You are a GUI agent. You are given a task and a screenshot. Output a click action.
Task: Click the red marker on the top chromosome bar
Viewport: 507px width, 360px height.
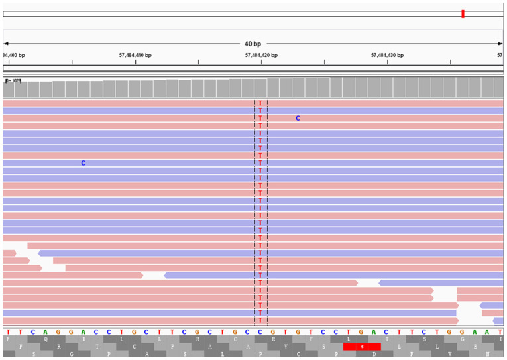463,14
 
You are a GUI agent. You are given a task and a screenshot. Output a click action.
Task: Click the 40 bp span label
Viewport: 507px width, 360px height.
253,44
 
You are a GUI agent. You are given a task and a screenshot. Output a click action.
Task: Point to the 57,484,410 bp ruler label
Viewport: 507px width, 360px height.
135,56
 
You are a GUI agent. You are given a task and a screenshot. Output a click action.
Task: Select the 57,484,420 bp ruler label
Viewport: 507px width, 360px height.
261,56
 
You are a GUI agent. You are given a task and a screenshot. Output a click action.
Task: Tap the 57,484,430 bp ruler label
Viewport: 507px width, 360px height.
387,56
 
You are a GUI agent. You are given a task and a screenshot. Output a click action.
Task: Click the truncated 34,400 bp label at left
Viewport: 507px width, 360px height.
14,56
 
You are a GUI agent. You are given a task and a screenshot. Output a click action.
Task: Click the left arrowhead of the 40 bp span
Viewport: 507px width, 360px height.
6,44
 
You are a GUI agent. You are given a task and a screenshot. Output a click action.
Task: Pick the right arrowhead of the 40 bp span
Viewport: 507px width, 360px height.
500,44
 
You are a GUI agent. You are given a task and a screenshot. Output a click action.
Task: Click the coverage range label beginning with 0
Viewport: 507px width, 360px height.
13,80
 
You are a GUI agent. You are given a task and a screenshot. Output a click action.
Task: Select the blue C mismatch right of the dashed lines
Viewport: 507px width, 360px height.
298,118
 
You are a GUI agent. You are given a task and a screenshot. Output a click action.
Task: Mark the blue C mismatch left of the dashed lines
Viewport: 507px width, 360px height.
84,163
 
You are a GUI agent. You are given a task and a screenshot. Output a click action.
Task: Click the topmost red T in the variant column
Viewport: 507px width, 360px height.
261,103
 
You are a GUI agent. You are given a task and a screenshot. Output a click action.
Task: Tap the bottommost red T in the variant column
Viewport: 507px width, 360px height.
261,320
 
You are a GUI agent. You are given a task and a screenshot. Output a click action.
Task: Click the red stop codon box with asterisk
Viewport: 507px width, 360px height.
362,346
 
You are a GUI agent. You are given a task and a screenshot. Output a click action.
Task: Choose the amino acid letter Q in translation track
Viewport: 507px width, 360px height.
46,338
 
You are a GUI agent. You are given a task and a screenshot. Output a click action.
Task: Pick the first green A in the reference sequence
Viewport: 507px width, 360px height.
46,331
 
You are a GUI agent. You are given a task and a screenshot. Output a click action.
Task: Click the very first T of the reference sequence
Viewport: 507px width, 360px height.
8,331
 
